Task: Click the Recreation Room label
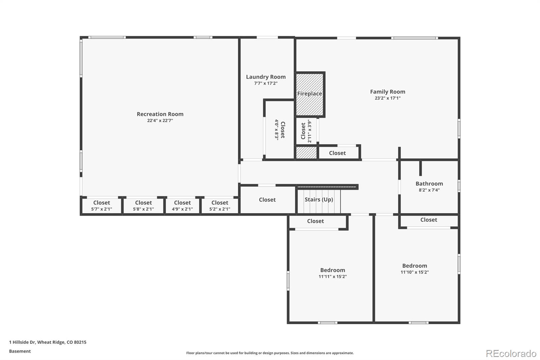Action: point(160,114)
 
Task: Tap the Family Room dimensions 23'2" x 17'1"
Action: point(387,98)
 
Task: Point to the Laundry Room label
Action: point(266,77)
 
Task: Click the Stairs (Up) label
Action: point(319,200)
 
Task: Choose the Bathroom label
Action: point(429,184)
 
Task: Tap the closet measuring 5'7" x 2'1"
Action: point(102,206)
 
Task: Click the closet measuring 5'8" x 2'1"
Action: point(143,206)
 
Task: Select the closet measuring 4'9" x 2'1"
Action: point(182,206)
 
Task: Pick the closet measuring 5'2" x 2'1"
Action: point(220,206)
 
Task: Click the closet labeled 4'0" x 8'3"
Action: point(280,130)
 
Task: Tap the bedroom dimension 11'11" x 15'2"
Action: point(332,277)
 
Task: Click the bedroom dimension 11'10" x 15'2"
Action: point(414,272)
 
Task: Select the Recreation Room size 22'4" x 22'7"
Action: point(160,121)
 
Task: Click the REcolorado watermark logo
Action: point(511,354)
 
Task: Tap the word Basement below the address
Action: point(20,351)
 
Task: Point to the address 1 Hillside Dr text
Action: point(48,342)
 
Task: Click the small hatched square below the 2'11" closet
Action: point(306,153)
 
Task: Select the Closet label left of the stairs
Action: point(267,200)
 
